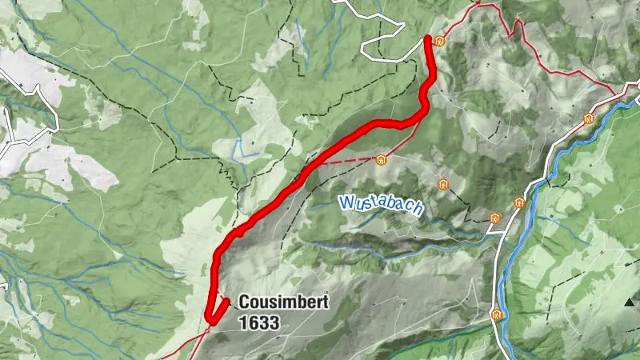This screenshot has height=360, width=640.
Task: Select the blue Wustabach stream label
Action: (x=379, y=203)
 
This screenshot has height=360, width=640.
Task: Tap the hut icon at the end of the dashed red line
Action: (x=381, y=159)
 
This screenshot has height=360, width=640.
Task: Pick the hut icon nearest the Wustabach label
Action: (x=442, y=185)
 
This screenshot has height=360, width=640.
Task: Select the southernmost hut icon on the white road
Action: (x=497, y=314)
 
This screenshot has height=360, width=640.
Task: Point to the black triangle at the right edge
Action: (x=632, y=302)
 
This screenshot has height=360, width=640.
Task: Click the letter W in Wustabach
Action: (x=345, y=201)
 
